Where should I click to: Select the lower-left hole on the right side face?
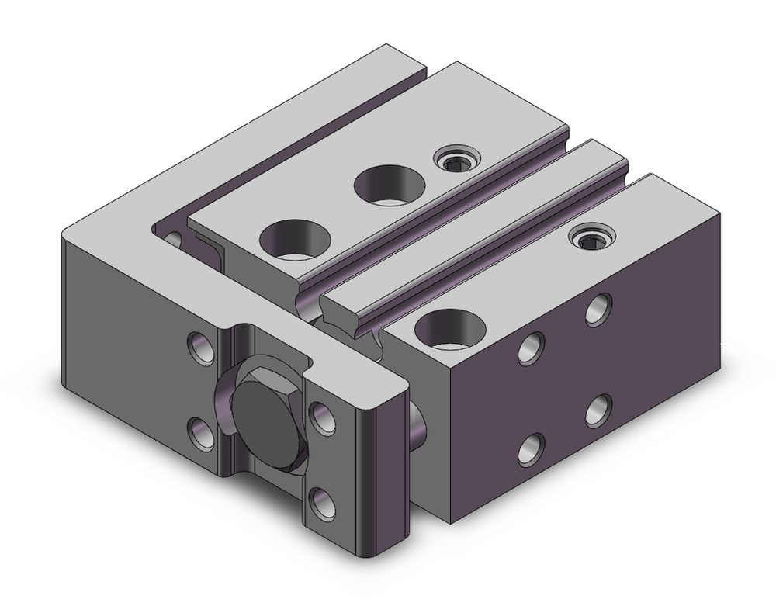click(531, 448)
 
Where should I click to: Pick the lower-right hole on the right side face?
click(597, 409)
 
